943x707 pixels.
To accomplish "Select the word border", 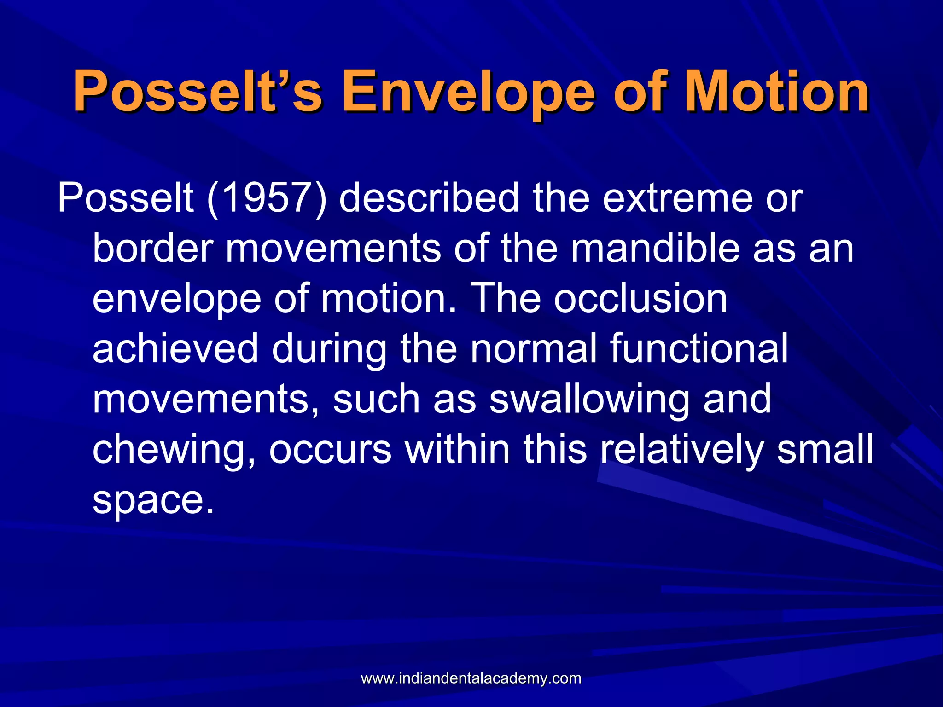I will coord(152,249).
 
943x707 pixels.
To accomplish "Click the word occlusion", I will coord(640,299).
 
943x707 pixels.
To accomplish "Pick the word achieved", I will coord(175,349).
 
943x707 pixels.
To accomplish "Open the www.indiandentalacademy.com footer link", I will coord(471,678).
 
